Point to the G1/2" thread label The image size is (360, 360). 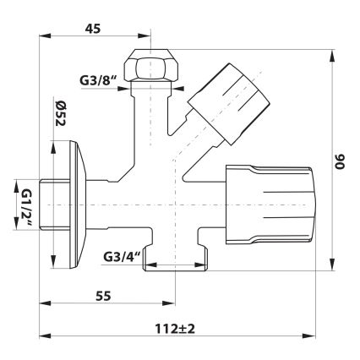pos(24,205)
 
